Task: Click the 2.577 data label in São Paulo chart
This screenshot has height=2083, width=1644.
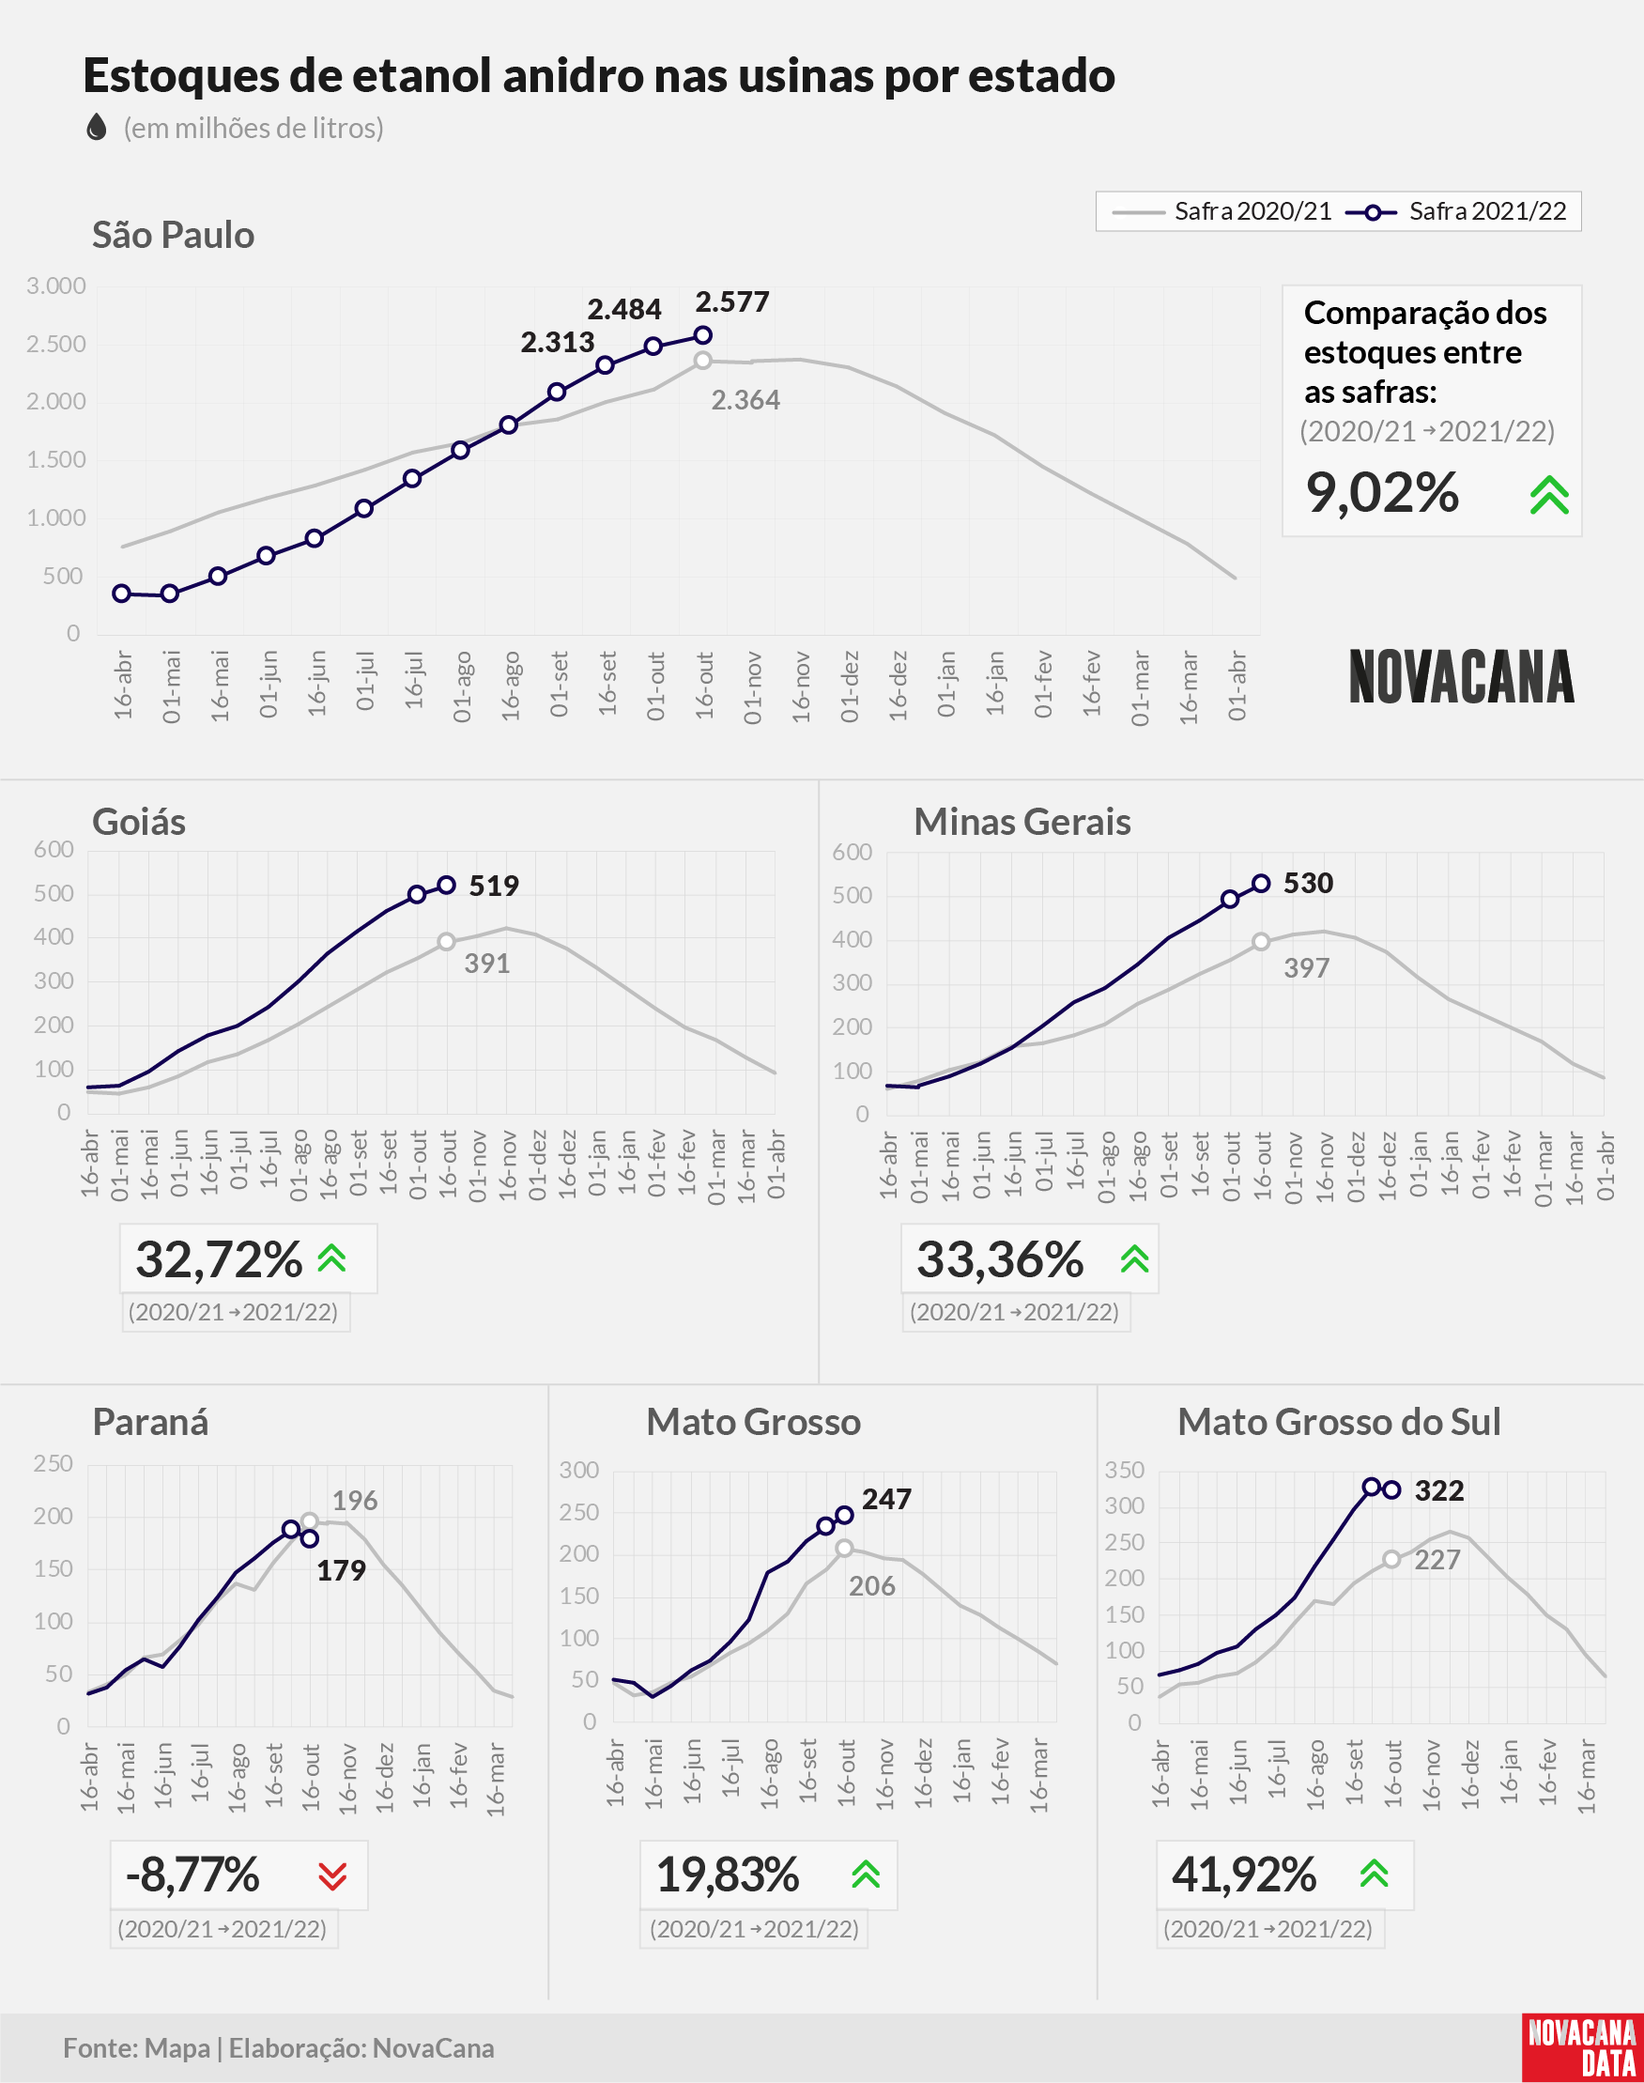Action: pos(732,302)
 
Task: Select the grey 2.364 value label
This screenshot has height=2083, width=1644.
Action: pos(746,400)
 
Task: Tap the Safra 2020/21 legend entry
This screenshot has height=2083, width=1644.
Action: pos(1221,211)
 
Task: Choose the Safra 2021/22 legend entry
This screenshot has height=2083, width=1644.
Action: pos(1456,211)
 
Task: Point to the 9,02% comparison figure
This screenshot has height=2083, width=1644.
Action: pos(1382,493)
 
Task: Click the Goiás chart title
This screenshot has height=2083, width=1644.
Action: pos(139,822)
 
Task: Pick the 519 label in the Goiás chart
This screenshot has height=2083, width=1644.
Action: pos(494,886)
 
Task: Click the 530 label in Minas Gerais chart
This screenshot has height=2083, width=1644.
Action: pos(1308,883)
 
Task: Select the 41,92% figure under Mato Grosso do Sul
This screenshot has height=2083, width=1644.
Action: pos(1244,1875)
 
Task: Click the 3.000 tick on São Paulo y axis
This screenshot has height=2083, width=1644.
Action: pos(55,285)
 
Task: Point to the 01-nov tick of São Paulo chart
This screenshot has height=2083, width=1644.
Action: pos(753,687)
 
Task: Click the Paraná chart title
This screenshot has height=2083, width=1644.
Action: pos(150,1422)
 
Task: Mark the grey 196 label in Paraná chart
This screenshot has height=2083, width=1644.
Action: pos(355,1501)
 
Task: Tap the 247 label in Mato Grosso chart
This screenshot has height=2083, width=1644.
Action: pos(886,1499)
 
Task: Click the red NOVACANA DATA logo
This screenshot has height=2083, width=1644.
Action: pos(1582,2047)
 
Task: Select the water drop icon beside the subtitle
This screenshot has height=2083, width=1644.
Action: pos(97,127)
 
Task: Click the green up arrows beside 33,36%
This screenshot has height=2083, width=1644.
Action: pos(1135,1259)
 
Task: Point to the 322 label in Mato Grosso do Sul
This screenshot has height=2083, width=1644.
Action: pos(1439,1491)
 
